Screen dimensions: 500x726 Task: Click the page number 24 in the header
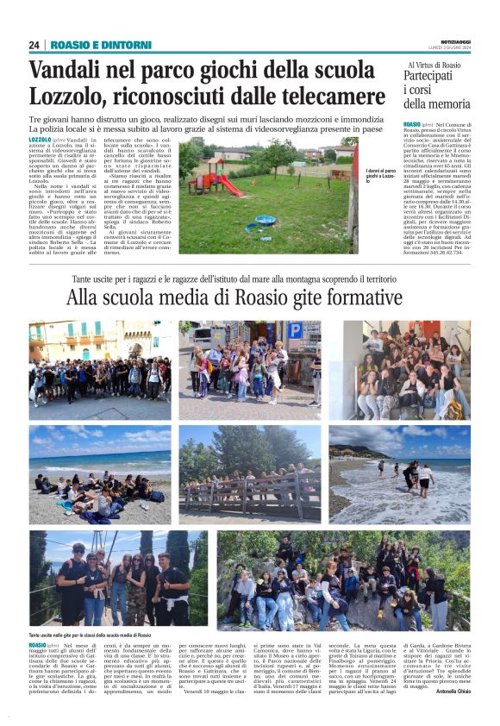[x=34, y=45]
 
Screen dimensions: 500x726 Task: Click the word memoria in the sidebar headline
[x=434, y=105]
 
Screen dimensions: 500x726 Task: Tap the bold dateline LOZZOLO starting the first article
[x=40, y=139]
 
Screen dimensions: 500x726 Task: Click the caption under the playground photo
[x=380, y=176]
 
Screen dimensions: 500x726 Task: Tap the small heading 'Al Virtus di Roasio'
[x=434, y=65]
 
